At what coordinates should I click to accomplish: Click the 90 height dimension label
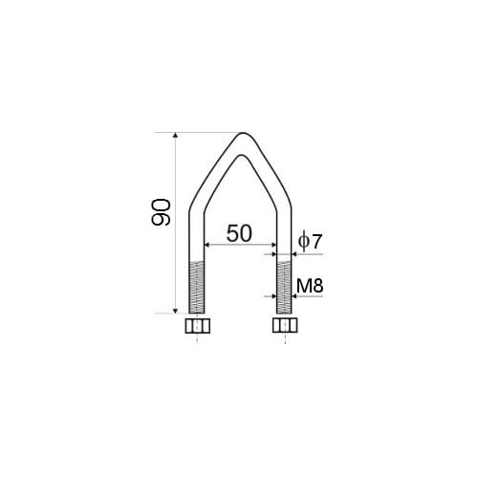pyautogui.click(x=161, y=212)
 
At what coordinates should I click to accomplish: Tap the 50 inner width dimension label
pyautogui.click(x=239, y=233)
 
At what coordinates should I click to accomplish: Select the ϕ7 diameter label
pyautogui.click(x=310, y=242)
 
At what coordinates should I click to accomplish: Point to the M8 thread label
pyautogui.click(x=310, y=286)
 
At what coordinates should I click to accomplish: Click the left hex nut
pyautogui.click(x=198, y=325)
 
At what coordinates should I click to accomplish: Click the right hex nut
pyautogui.click(x=285, y=325)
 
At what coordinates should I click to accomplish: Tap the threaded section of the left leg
pyautogui.click(x=197, y=287)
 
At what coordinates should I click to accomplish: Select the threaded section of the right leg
pyautogui.click(x=284, y=287)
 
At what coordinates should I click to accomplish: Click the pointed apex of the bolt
pyautogui.click(x=244, y=134)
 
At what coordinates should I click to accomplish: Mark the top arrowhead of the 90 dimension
pyautogui.click(x=175, y=135)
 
